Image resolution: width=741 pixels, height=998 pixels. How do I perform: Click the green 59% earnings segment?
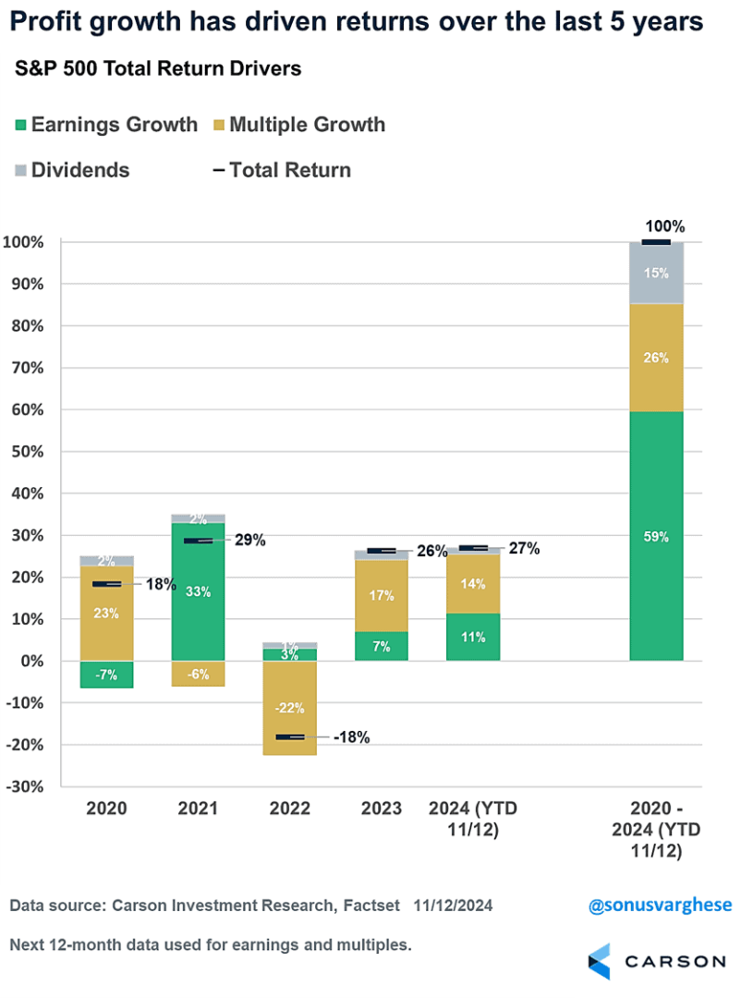click(x=655, y=536)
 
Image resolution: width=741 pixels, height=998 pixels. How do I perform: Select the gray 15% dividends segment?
click(x=655, y=274)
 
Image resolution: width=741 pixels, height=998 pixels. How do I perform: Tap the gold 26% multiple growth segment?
click(x=655, y=358)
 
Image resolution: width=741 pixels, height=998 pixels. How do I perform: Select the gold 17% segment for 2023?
click(x=382, y=596)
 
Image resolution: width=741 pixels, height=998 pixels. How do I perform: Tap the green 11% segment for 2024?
click(x=473, y=637)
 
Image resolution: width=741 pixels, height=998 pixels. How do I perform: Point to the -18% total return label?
click(x=351, y=737)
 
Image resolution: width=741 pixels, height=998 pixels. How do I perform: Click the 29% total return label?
click(x=249, y=541)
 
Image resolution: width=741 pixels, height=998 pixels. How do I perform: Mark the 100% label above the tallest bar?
click(x=665, y=226)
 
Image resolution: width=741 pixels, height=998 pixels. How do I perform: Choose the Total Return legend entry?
click(x=282, y=170)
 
